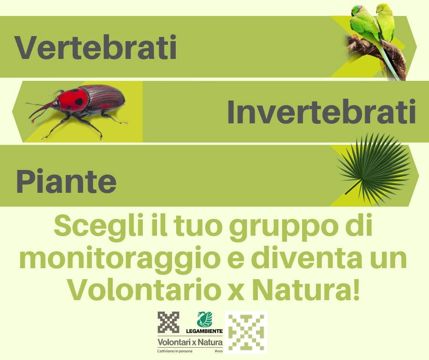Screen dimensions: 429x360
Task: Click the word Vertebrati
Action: pos(95,47)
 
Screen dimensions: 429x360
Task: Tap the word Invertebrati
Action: pos(321,112)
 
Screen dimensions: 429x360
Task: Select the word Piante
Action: pos(66,181)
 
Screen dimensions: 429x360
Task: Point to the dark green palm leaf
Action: pos(375,169)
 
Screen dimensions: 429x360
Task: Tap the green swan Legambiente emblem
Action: pos(204,319)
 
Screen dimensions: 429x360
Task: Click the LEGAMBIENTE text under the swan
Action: pos(204,331)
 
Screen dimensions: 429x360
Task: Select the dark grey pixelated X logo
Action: pos(168,322)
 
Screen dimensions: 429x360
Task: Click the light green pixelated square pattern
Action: pos(246,332)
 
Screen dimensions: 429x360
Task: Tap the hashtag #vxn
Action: pos(219,351)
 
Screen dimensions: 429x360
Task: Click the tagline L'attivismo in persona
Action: pos(175,351)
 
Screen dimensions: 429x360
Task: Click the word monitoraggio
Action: pos(120,259)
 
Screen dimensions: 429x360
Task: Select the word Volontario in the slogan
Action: pos(144,289)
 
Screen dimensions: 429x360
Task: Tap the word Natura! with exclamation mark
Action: pos(305,289)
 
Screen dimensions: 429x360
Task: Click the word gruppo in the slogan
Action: pos(284,228)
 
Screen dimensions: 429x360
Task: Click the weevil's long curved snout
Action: pos(41,110)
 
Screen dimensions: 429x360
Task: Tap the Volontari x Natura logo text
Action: pos(190,342)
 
